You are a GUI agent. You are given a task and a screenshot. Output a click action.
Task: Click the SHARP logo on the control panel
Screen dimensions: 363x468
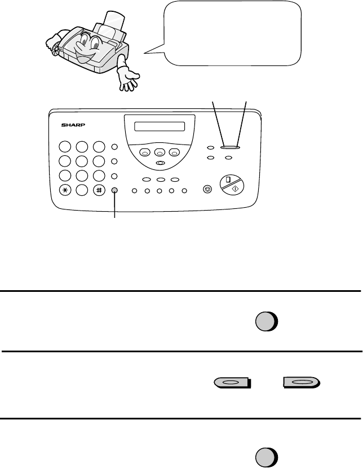point(73,125)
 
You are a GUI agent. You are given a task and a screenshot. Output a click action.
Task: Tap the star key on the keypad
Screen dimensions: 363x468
point(65,190)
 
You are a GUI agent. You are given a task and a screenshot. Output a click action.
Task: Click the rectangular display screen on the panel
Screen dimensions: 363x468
point(160,126)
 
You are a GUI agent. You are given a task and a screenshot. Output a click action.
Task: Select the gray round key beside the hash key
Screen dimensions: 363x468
point(114,190)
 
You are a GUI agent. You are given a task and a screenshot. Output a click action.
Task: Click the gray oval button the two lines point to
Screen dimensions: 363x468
point(230,147)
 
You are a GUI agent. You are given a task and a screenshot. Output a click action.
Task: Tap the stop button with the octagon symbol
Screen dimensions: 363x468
point(207,189)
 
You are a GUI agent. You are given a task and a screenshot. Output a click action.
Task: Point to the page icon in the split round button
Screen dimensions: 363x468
point(228,180)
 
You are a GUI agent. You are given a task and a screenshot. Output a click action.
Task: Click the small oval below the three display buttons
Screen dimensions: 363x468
point(160,163)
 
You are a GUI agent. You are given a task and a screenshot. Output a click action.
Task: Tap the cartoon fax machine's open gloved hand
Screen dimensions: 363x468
point(128,78)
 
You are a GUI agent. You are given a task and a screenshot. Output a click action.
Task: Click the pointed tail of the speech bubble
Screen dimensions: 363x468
point(144,53)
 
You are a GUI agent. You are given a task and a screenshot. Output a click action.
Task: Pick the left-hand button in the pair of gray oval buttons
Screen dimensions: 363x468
point(232,382)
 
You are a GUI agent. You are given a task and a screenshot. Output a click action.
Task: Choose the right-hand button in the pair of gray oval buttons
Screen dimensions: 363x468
point(302,382)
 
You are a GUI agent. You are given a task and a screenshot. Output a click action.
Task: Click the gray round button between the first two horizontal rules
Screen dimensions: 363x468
point(267,322)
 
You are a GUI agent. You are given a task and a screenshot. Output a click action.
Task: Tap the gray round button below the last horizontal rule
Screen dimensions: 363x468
point(267,457)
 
